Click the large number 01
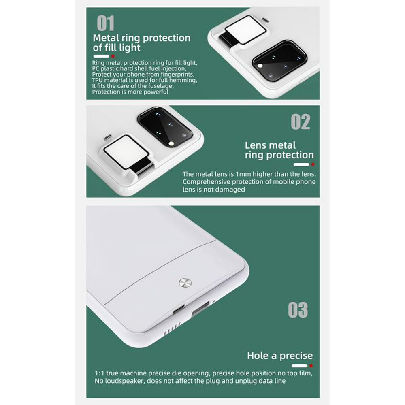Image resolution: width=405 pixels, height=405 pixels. (105, 23)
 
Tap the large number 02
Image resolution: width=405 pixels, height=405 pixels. (301, 122)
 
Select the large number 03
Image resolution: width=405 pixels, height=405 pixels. (298, 310)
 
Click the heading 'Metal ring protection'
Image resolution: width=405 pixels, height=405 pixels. (141, 38)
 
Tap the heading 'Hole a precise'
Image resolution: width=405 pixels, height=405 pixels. (280, 356)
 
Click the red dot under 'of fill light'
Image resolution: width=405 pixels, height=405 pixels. (113, 56)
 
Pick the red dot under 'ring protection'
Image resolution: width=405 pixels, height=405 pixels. (313, 164)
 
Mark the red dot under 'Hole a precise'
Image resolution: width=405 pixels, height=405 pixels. (311, 366)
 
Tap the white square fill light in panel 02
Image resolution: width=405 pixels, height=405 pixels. (126, 152)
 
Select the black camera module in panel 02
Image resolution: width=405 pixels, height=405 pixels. (165, 127)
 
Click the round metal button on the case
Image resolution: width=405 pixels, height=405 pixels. (185, 283)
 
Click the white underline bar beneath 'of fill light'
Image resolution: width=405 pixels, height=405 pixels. (101, 56)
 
